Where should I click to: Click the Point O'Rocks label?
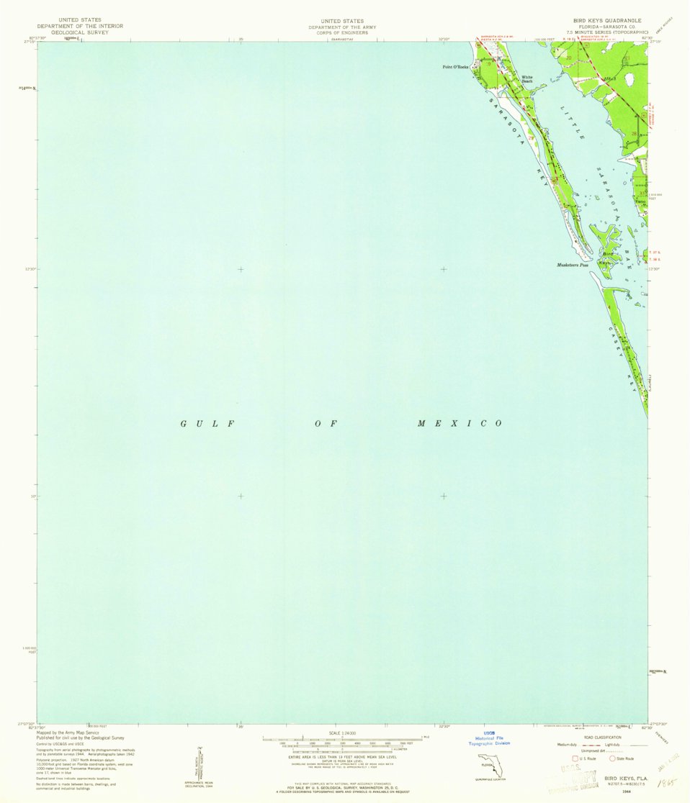point(455,67)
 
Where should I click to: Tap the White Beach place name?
point(527,78)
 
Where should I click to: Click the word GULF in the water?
point(208,423)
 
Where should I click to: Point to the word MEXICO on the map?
point(460,423)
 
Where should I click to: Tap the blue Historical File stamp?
point(492,739)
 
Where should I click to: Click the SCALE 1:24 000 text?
point(343,733)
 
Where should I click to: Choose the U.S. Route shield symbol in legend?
point(575,758)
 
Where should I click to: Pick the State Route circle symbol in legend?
point(612,758)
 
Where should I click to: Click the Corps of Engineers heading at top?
point(343,32)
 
